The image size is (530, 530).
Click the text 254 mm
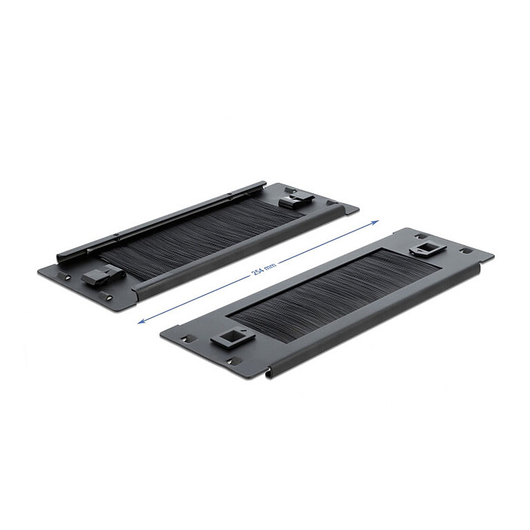265,268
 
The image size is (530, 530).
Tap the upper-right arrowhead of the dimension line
375,222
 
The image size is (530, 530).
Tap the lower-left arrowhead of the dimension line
141,322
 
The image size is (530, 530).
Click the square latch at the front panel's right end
428,249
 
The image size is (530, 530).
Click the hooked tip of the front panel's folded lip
268,373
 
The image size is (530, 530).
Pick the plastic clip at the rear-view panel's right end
296,201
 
